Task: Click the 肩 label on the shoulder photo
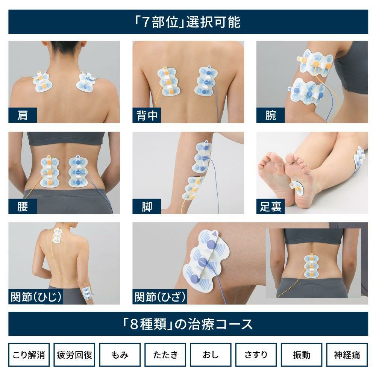(x=23, y=115)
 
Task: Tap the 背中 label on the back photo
(x=147, y=115)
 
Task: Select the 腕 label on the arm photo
(x=270, y=115)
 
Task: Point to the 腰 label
(x=23, y=206)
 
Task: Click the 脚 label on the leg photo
(x=147, y=206)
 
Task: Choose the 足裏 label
(x=270, y=206)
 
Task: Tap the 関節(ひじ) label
(x=36, y=297)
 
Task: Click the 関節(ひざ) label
(x=160, y=297)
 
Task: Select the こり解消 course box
(x=29, y=355)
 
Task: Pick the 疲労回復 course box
(x=74, y=355)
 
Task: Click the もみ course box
(x=120, y=355)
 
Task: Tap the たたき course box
(x=165, y=355)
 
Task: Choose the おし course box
(x=211, y=355)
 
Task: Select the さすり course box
(x=256, y=355)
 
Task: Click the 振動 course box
(x=302, y=355)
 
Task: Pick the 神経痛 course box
(x=347, y=355)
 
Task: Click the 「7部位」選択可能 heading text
(x=188, y=22)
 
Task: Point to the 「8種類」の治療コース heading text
(x=188, y=324)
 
